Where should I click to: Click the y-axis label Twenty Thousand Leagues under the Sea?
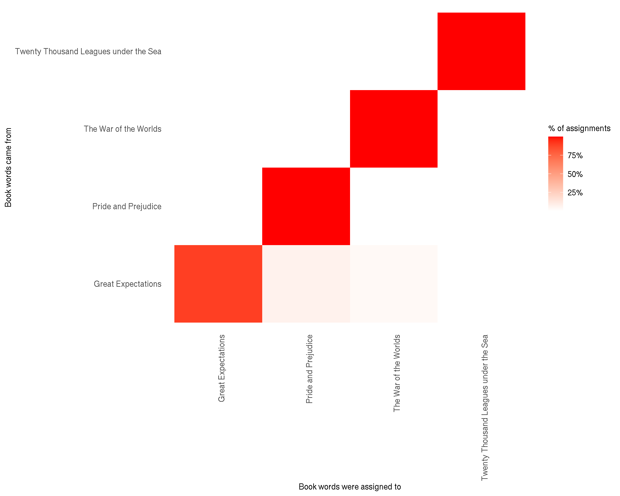pyautogui.click(x=88, y=52)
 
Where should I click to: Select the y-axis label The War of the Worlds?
pyautogui.click(x=123, y=129)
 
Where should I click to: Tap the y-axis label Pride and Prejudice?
pyautogui.click(x=127, y=207)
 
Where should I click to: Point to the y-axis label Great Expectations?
pyautogui.click(x=128, y=284)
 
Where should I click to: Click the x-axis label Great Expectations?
pyautogui.click(x=222, y=368)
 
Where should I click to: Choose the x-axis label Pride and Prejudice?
pyautogui.click(x=309, y=369)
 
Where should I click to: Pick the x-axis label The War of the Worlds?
pyautogui.click(x=397, y=373)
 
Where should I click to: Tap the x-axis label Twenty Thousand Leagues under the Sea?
pyautogui.click(x=485, y=408)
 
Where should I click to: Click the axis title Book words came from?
pyautogui.click(x=8, y=167)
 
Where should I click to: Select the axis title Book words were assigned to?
pyautogui.click(x=350, y=487)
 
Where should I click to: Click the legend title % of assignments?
pyautogui.click(x=579, y=129)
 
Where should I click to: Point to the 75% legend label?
pyautogui.click(x=575, y=156)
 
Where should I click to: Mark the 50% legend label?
pyautogui.click(x=575, y=174)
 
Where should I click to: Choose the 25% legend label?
pyautogui.click(x=575, y=193)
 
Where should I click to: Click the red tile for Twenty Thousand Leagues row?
pyautogui.click(x=481, y=51)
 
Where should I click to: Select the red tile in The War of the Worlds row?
pyautogui.click(x=394, y=129)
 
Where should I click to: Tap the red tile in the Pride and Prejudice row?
pyautogui.click(x=306, y=206)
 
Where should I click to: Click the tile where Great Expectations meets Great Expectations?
pyautogui.click(x=218, y=284)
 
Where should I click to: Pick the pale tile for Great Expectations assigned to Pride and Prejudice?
pyautogui.click(x=306, y=284)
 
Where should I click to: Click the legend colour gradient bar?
pyautogui.click(x=555, y=174)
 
